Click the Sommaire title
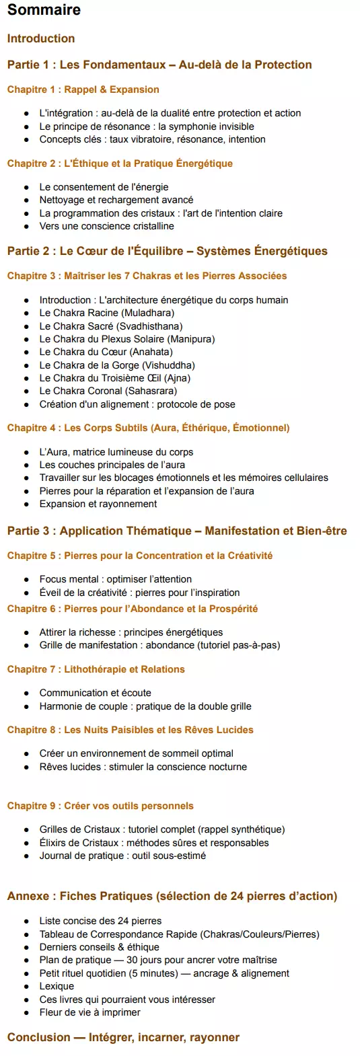(x=44, y=10)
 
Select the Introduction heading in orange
(x=41, y=38)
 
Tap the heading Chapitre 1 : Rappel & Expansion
(x=83, y=89)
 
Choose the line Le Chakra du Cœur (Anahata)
(x=106, y=352)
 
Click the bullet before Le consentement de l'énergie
(x=26, y=188)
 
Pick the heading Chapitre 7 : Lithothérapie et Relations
(x=96, y=669)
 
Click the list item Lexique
(x=57, y=986)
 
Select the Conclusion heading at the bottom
(x=123, y=1037)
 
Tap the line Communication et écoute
(x=95, y=693)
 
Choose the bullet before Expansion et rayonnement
(x=26, y=504)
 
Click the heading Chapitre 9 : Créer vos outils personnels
(x=100, y=806)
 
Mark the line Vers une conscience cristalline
(x=106, y=226)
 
